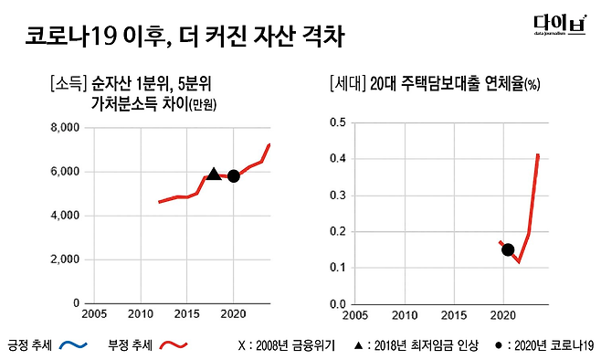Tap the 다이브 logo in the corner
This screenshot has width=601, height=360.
[559, 27]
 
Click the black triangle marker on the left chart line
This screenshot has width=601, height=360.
[214, 174]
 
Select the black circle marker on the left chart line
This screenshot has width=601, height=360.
[234, 175]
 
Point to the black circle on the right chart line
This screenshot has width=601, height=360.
[508, 249]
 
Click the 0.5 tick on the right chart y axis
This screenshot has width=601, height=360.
[337, 122]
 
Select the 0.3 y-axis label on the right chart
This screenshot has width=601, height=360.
[337, 195]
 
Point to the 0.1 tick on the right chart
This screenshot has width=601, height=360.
[337, 268]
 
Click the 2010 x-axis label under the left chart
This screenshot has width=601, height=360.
[140, 314]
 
